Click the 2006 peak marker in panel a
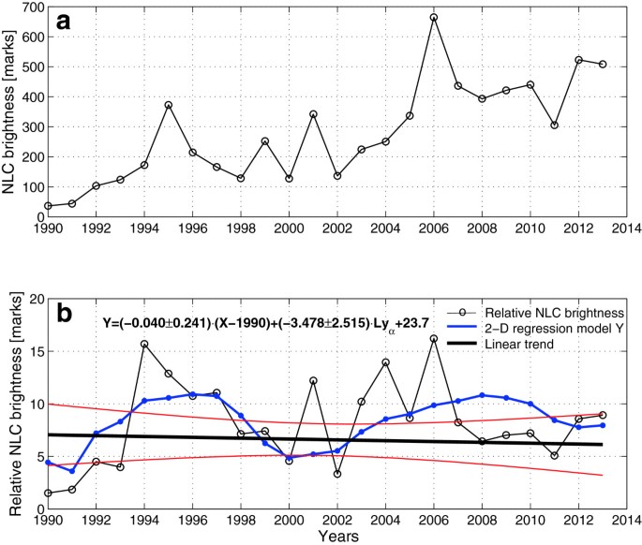coord(434,18)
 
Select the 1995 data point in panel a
coord(169,105)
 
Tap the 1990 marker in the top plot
coord(48,206)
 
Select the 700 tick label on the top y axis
coord(29,7)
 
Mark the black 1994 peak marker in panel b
coord(144,345)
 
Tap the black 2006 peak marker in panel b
coord(434,339)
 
